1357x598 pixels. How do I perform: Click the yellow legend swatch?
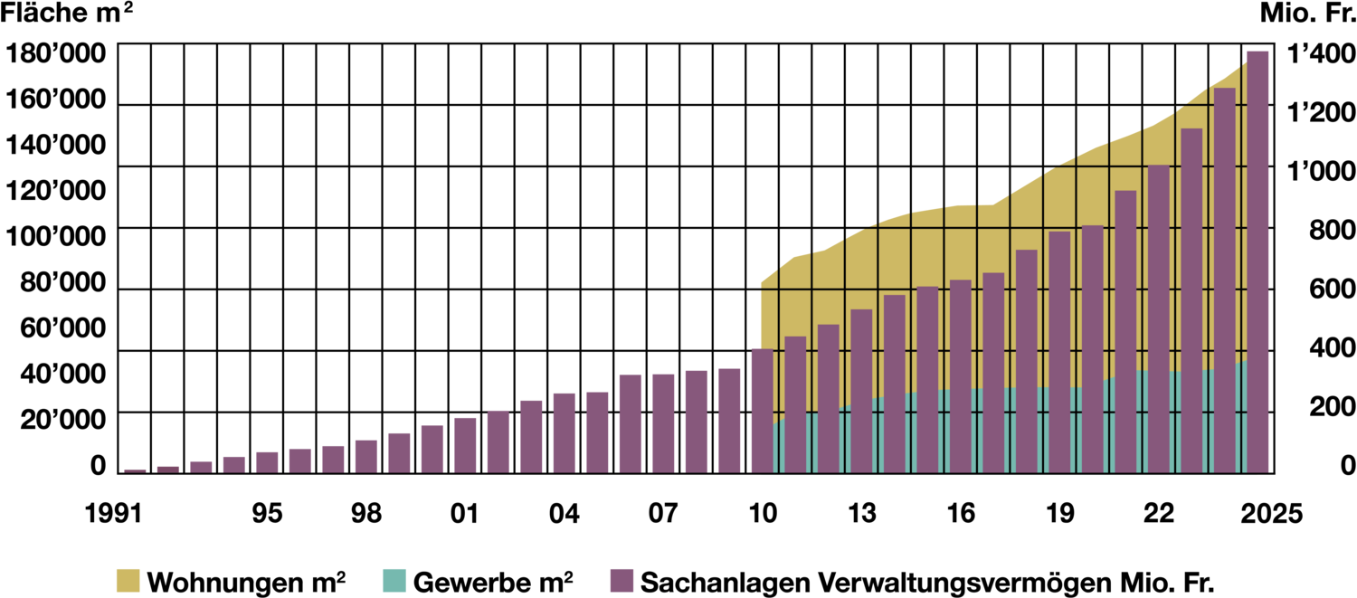(x=128, y=580)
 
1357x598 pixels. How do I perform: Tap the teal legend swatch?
(x=394, y=580)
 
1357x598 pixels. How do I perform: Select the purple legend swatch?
(x=622, y=580)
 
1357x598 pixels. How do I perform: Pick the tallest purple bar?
(x=1257, y=262)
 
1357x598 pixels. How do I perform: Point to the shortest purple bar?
(x=135, y=470)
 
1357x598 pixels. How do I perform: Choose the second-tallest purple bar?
(x=1225, y=280)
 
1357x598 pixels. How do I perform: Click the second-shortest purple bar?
(x=168, y=469)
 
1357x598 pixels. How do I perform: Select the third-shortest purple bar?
(x=201, y=466)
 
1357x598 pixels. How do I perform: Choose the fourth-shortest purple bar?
(x=234, y=463)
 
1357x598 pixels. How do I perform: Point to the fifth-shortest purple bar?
(x=267, y=461)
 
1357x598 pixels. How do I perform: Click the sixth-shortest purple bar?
(x=300, y=460)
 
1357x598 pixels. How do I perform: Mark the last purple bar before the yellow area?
(x=729, y=420)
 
